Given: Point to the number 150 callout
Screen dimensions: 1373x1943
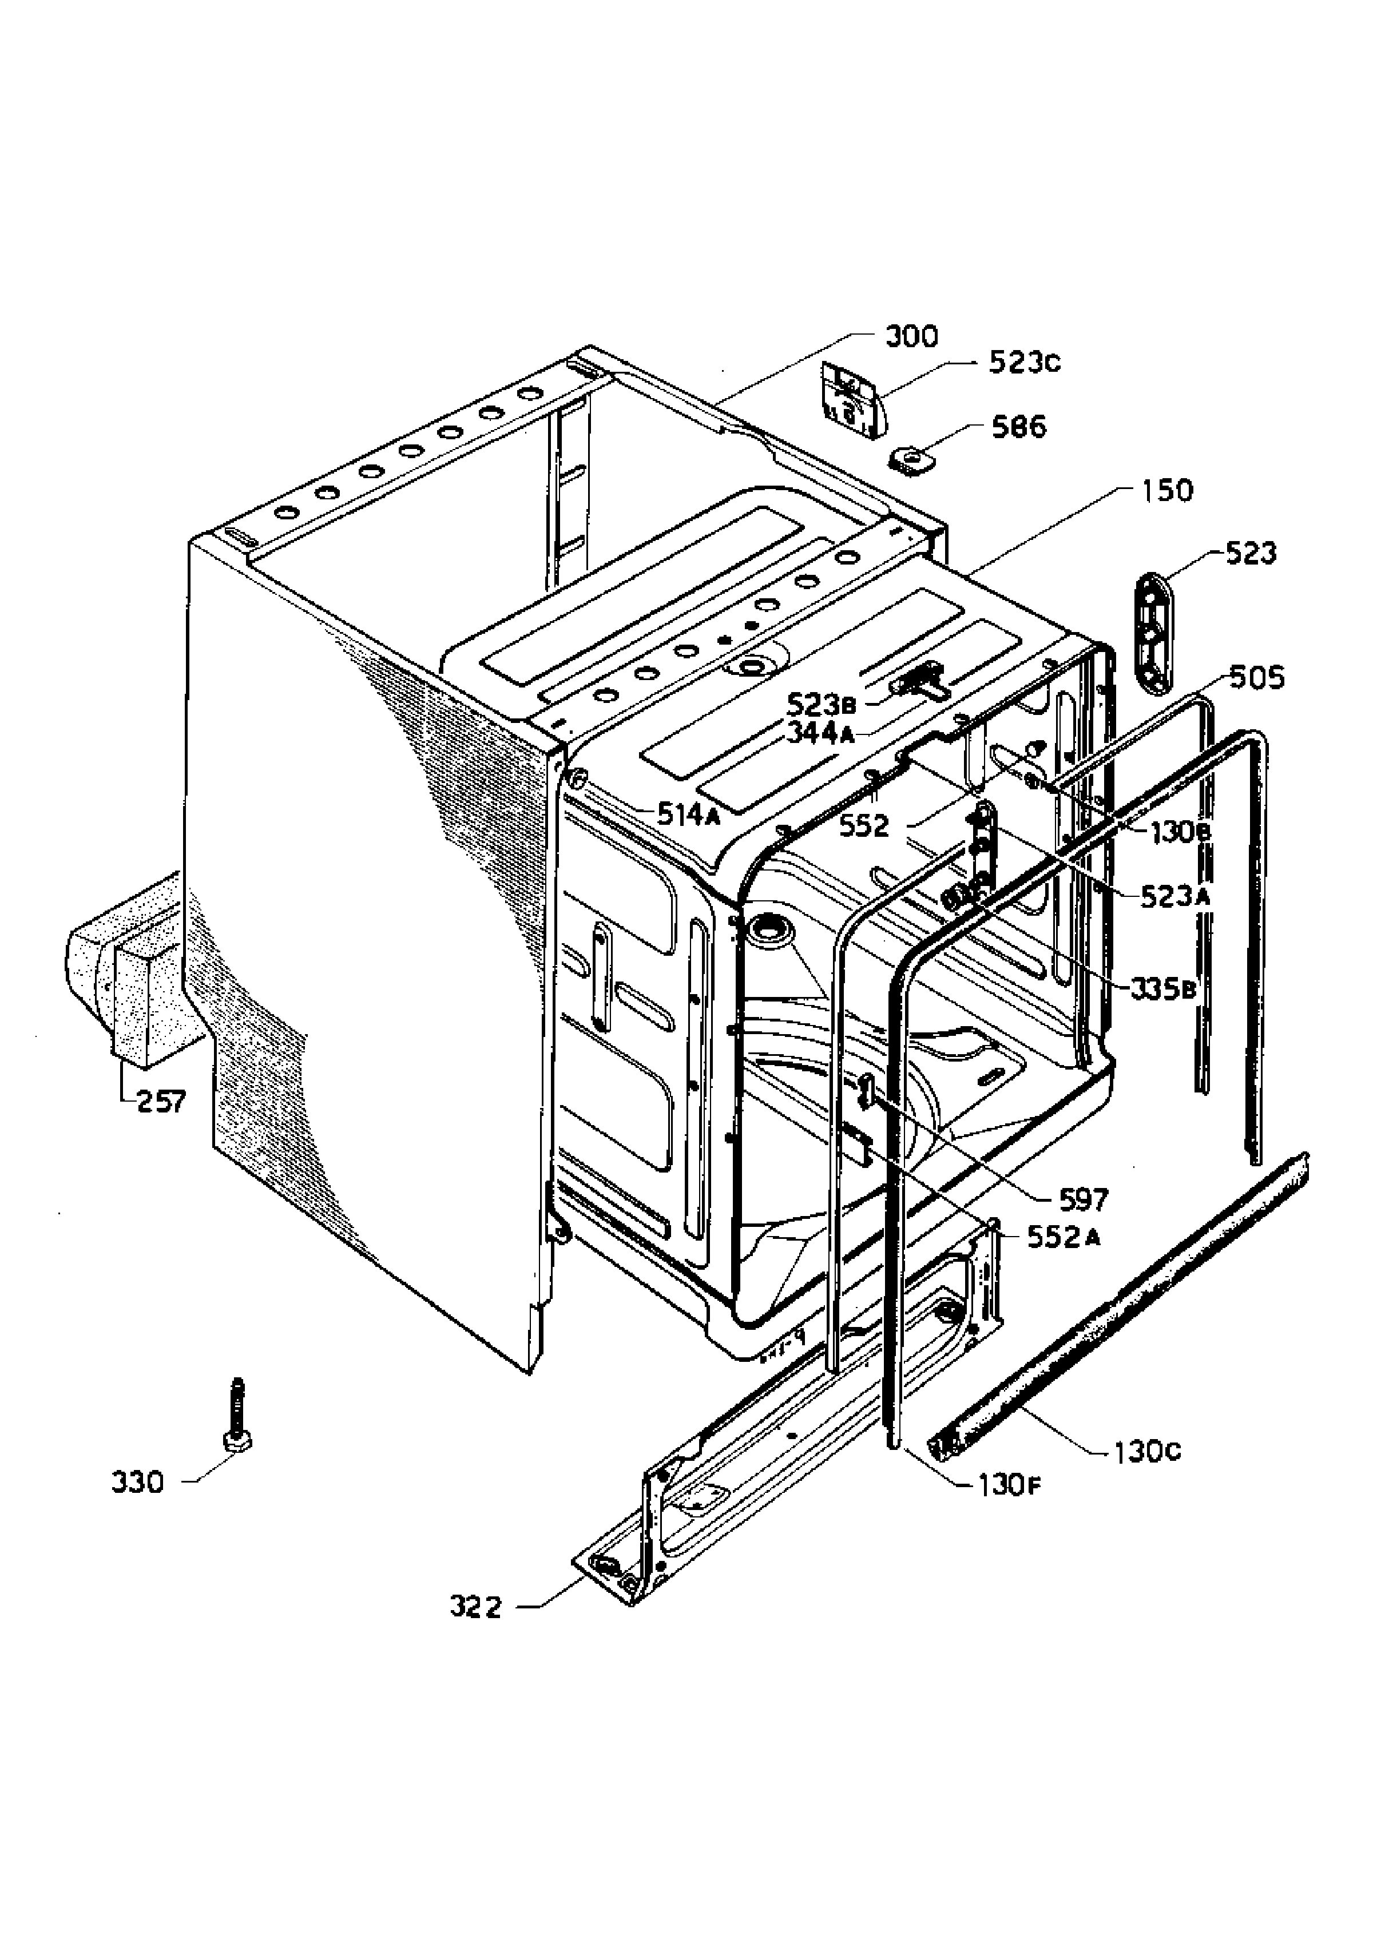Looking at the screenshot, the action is [1165, 490].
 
